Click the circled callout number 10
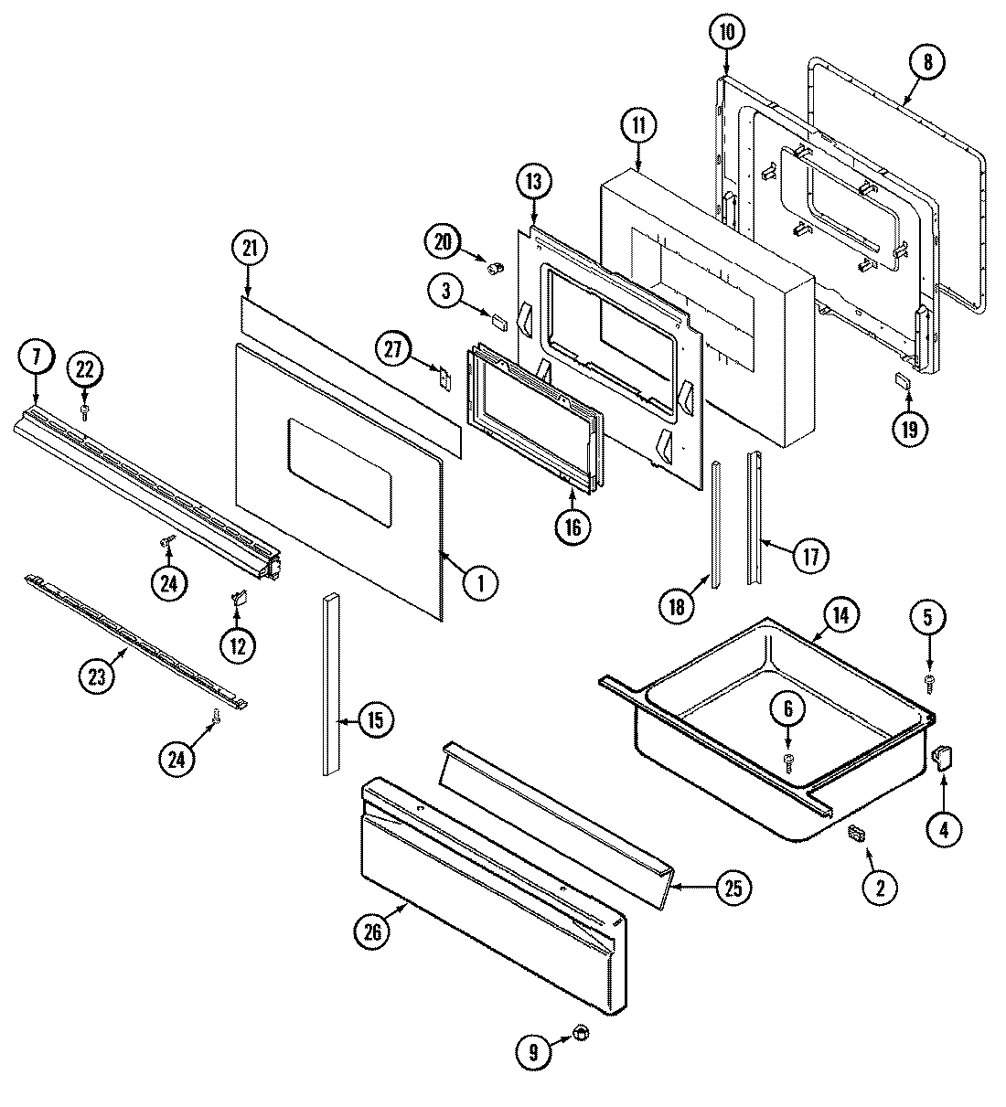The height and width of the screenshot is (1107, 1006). [726, 33]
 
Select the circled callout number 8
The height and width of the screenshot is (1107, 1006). [927, 62]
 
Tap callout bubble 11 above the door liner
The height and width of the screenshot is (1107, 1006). [637, 127]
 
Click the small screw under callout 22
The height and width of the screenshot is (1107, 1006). [85, 412]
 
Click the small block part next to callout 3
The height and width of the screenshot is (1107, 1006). [498, 319]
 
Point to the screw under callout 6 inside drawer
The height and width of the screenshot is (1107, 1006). [787, 759]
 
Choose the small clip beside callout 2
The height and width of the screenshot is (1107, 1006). [857, 833]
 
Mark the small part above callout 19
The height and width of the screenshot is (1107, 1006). [902, 381]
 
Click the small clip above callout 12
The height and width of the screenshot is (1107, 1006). [237, 599]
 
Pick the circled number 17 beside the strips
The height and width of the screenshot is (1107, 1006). [809, 555]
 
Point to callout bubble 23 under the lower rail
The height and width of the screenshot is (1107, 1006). [97, 676]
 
